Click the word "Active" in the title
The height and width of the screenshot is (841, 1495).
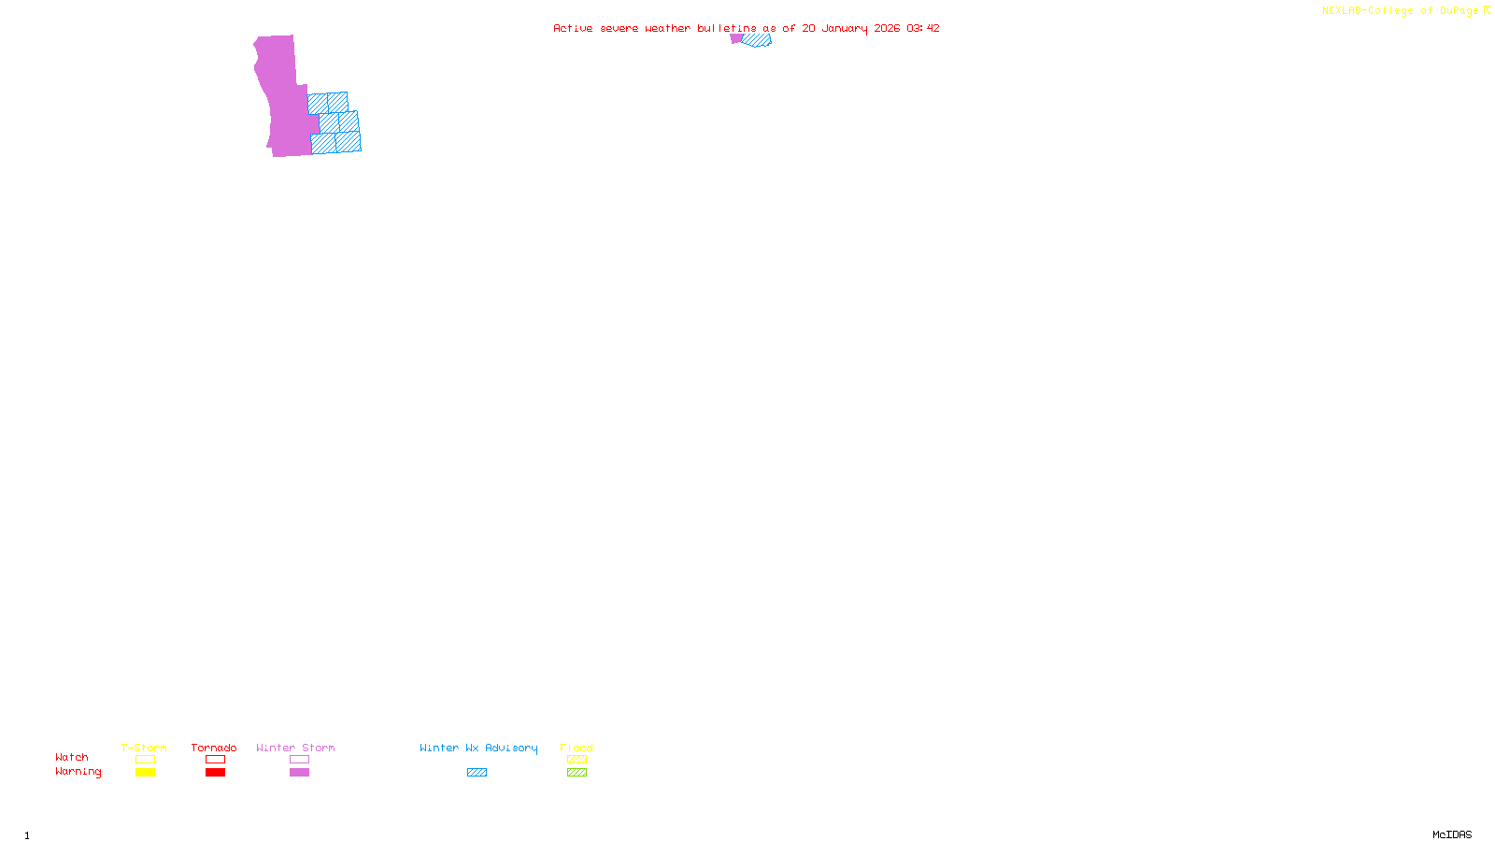point(573,28)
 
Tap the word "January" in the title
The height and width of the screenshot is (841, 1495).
point(845,28)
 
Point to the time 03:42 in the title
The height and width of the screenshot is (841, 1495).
point(922,28)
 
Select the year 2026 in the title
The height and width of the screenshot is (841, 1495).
point(887,28)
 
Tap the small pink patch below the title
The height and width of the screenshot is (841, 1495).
point(736,38)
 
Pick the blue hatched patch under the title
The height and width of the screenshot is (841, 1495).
point(757,40)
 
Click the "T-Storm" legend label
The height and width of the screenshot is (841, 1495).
point(144,748)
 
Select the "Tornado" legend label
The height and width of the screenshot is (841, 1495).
point(214,748)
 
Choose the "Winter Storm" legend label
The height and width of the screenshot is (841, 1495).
point(295,748)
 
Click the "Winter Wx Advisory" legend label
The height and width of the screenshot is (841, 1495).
point(478,748)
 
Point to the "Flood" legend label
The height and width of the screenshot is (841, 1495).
point(577,748)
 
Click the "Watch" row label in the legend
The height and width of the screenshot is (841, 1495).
point(72,757)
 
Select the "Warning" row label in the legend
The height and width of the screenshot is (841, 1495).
point(78,772)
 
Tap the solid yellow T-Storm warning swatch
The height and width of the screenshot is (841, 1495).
point(145,773)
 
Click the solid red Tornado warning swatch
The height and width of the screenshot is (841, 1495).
point(215,773)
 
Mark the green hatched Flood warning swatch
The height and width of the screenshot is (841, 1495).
point(577,773)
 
